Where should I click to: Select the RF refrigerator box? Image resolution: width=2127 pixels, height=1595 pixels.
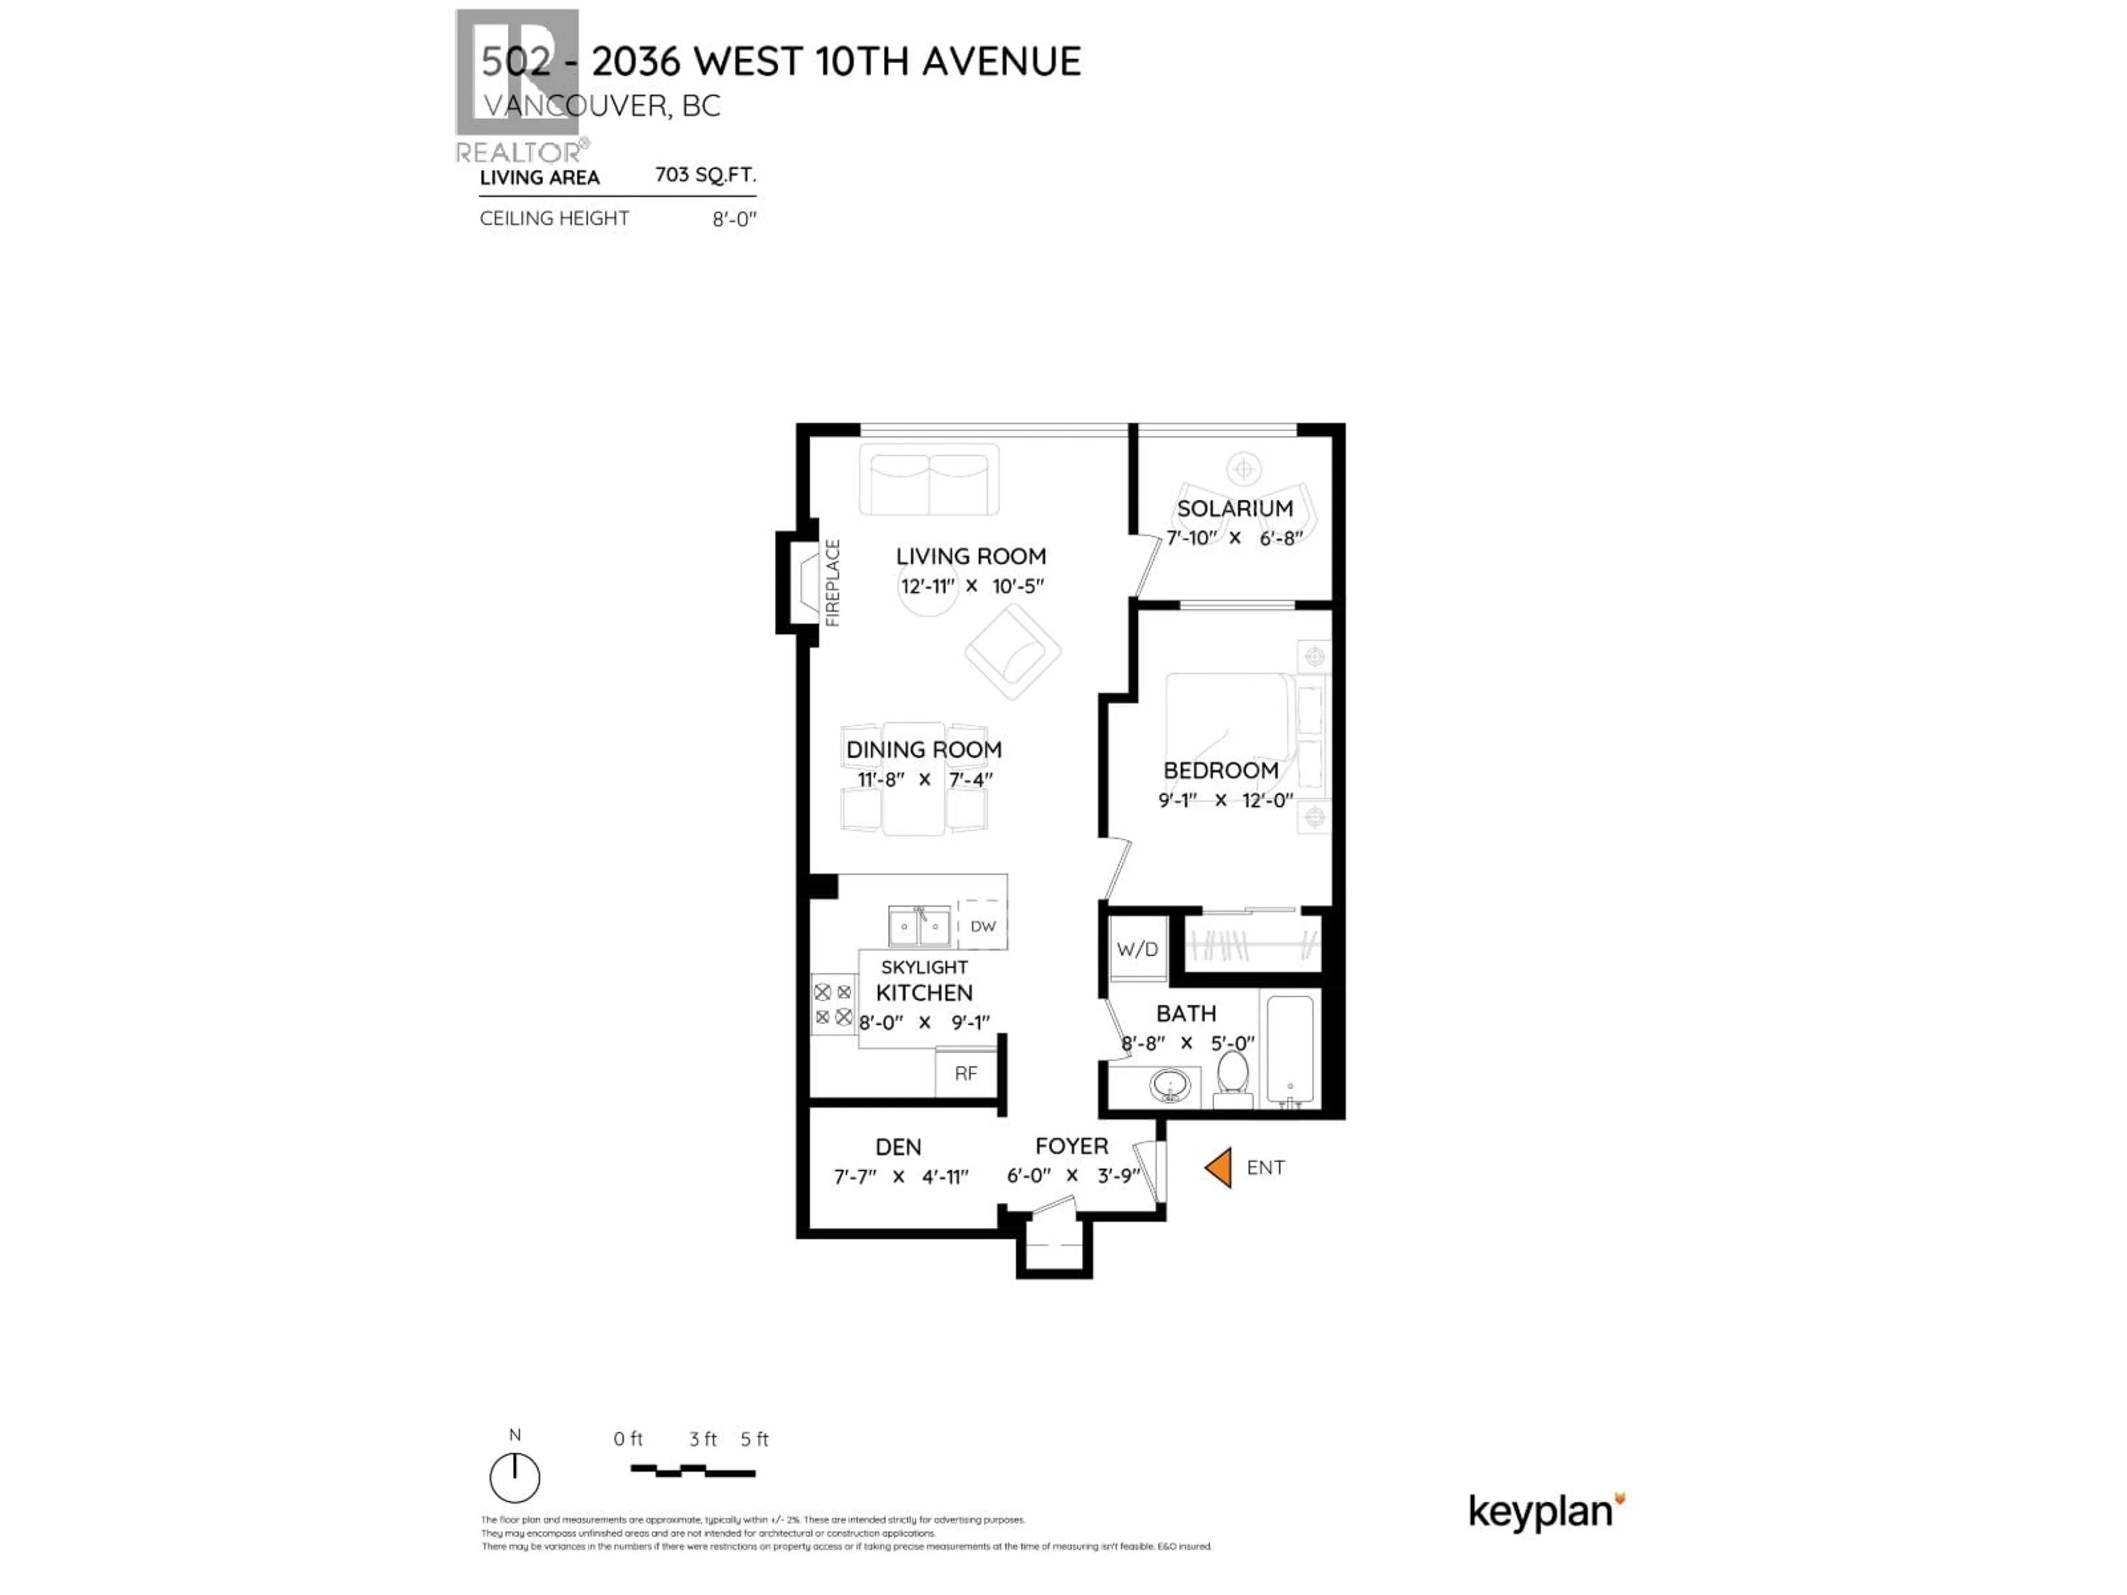[x=965, y=1073]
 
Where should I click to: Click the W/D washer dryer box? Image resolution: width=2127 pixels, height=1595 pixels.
[x=1138, y=949]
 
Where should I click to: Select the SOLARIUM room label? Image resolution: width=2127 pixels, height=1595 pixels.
[x=1235, y=508]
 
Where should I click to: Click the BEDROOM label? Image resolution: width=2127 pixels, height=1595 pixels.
[x=1220, y=770]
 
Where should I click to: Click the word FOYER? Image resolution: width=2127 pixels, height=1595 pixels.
[x=1071, y=1145]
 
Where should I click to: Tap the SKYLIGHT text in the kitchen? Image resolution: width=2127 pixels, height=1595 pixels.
[x=924, y=966]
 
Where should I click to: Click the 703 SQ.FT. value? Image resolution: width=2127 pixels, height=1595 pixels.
[x=705, y=175]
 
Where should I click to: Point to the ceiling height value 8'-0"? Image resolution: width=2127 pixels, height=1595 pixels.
[x=734, y=219]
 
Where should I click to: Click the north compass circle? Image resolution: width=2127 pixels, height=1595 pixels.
[x=515, y=1478]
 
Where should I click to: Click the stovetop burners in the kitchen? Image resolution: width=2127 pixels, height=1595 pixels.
[x=833, y=1004]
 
